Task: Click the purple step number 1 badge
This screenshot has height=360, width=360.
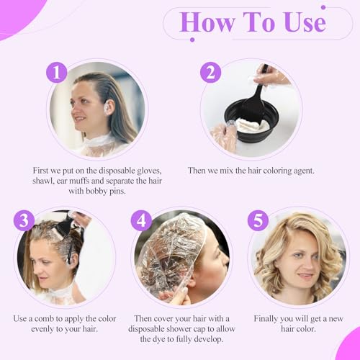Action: tap(56, 73)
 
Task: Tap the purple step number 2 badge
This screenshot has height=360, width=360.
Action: tap(210, 73)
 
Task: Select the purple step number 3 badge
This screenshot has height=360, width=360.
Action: tap(24, 220)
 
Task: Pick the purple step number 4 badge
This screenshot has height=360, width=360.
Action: tap(141, 220)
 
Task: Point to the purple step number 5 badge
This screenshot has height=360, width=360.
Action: tap(258, 220)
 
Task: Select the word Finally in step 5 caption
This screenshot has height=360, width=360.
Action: tap(270, 318)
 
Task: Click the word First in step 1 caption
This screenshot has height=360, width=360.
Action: tap(44, 170)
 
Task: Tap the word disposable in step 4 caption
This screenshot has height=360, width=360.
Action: tap(153, 329)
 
